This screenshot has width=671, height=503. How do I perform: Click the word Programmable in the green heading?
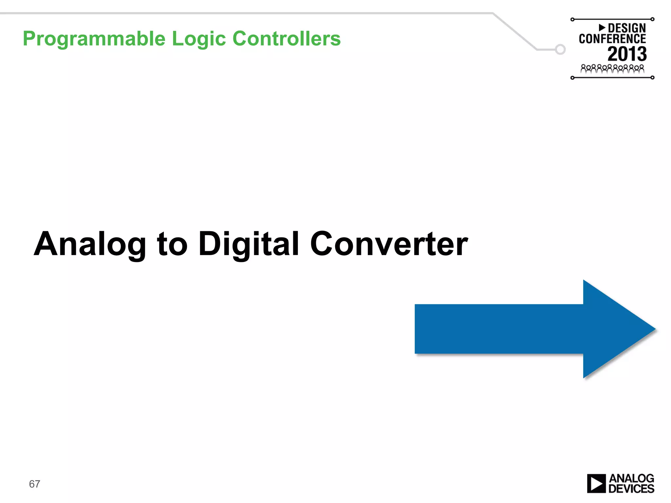coord(94,39)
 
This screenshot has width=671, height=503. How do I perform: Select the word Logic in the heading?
coord(199,39)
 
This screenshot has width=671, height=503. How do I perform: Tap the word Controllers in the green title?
coord(287,38)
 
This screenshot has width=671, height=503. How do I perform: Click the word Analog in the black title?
coord(90,244)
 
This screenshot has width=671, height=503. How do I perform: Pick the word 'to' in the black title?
coord(172,244)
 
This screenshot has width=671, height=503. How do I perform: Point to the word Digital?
coord(249,244)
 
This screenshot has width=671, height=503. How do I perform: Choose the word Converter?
coord(389,244)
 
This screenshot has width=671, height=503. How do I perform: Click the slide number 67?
coord(34,484)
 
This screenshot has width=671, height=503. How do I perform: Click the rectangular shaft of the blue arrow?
coord(498,329)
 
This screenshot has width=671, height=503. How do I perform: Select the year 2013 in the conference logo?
coord(627,54)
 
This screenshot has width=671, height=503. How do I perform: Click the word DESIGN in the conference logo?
coord(627,28)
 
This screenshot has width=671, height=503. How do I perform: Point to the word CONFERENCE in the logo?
coord(612,39)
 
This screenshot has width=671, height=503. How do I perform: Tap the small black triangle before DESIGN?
coord(602,28)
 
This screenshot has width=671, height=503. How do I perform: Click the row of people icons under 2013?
coord(612,69)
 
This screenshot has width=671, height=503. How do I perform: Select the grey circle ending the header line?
coord(560,49)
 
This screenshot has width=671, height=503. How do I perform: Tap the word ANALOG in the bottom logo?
coord(631,478)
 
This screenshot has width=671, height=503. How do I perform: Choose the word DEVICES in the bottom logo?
coord(631,489)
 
